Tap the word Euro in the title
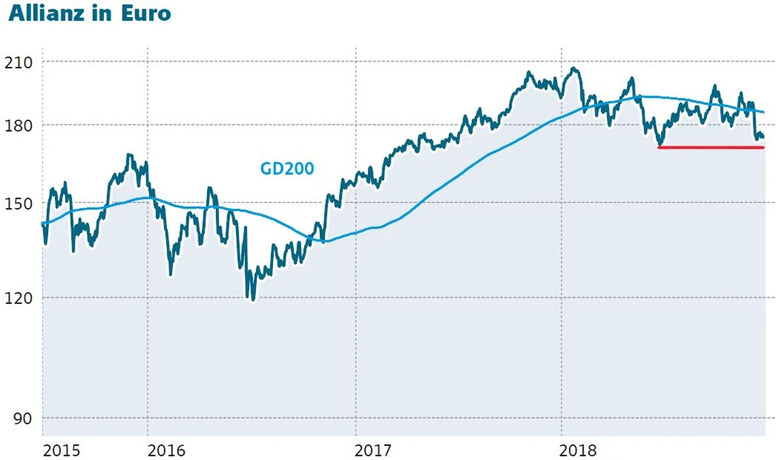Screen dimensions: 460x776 [145, 14]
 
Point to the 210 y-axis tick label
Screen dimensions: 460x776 [18, 61]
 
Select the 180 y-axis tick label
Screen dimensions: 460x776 [18, 124]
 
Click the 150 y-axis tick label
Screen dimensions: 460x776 [18, 204]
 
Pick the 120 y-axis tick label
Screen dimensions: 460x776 [18, 298]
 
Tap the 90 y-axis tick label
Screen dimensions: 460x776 [22, 418]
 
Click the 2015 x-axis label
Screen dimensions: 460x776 [61, 450]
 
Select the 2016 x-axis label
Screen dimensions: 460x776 [167, 450]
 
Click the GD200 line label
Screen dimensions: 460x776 [287, 167]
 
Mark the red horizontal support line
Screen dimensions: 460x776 [710, 147]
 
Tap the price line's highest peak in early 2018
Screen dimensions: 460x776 [574, 68]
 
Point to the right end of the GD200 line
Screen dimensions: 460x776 [764, 113]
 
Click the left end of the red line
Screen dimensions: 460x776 [659, 147]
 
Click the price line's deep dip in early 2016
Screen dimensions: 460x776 [171, 274]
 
